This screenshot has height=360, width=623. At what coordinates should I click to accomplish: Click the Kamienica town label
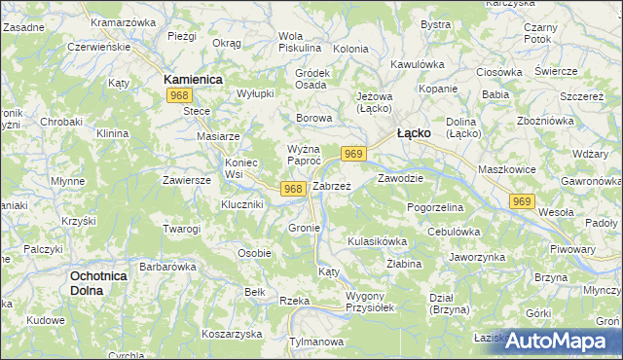point(193,78)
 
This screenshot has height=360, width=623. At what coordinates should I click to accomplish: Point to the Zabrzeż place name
point(331,186)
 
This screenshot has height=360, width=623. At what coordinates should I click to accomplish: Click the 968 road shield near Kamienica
point(178,95)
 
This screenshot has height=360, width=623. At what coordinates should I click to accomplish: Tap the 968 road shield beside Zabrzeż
point(294,188)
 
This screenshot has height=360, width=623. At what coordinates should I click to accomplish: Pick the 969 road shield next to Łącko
point(354,154)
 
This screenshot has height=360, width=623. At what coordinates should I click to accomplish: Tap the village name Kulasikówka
point(377,239)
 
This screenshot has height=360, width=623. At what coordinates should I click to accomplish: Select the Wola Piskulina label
point(300,41)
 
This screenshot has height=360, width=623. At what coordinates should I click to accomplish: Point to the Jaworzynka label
point(477,257)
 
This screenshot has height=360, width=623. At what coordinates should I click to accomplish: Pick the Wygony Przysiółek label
point(369,301)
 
